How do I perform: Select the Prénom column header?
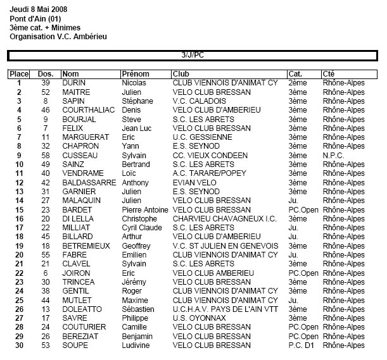pos(135,74)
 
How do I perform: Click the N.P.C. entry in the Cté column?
pos(333,155)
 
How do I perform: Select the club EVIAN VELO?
pos(194,182)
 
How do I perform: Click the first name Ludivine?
pos(136,345)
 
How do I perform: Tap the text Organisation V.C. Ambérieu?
pos(58,37)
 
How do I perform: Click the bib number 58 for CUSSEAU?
pos(45,155)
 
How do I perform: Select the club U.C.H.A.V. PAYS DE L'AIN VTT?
pos(224,309)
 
